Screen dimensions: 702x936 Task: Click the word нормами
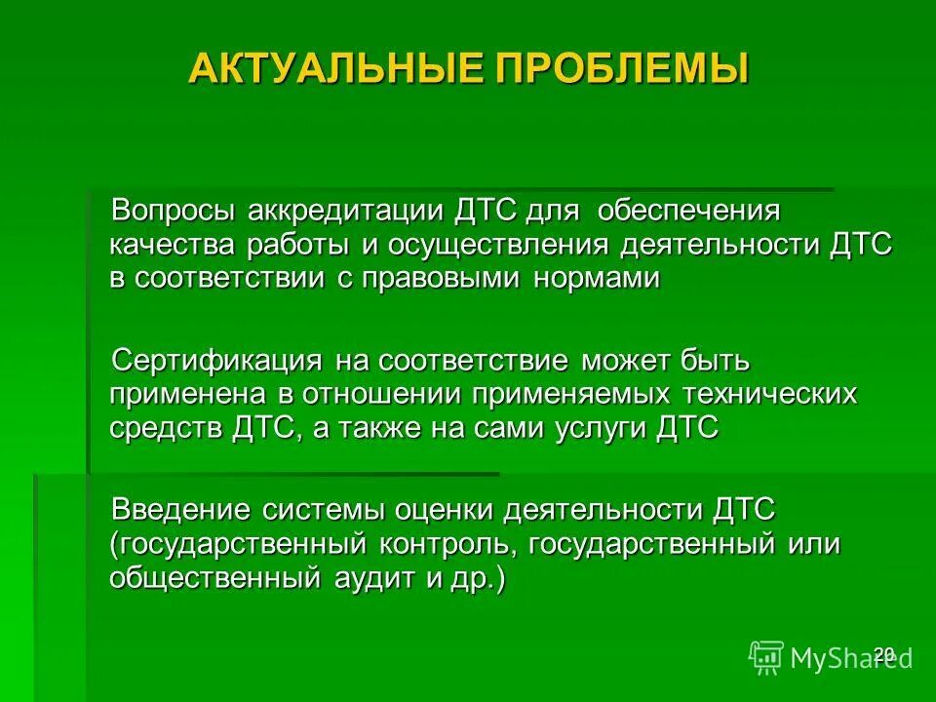coord(597,278)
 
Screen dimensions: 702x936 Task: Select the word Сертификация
coord(217,362)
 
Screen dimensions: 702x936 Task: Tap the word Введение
coord(180,509)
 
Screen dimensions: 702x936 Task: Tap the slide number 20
coord(883,654)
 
